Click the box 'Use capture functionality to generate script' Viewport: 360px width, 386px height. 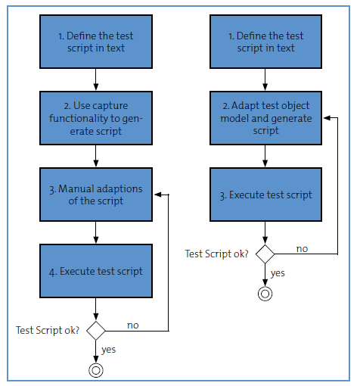coord(96,118)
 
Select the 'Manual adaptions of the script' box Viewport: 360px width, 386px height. coord(96,195)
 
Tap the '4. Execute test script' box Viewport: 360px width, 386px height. coord(96,271)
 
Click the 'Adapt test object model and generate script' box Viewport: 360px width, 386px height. coord(265,118)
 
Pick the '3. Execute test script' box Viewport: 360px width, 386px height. coord(265,195)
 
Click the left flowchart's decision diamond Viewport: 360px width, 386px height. coord(96,331)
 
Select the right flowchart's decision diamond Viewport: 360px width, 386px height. coord(265,254)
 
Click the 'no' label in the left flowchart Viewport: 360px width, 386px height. coord(133,325)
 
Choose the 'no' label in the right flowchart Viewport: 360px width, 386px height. coord(302,249)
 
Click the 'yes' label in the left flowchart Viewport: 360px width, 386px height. coord(109,350)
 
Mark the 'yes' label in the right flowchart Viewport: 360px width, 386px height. coord(278,273)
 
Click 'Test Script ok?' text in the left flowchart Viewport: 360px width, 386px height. coord(48,330)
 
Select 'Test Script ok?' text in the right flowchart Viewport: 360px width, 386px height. coord(217,254)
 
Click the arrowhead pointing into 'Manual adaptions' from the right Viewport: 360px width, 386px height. coord(158,195)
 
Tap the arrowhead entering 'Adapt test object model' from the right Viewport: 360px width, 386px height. coord(327,117)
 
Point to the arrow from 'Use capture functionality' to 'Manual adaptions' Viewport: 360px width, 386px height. coord(96,156)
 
